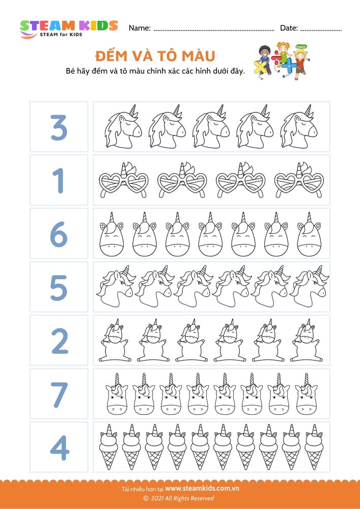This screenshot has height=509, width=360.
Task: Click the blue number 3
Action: click(59, 127)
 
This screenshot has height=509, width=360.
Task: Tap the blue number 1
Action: click(59, 181)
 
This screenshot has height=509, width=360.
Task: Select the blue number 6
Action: click(59, 234)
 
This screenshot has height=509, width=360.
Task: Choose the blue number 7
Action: click(60, 394)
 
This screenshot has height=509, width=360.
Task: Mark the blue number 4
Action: click(60, 448)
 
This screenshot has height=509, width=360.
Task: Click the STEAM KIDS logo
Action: click(69, 29)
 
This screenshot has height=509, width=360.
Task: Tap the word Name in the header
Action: click(140, 28)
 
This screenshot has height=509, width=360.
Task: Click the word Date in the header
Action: click(289, 28)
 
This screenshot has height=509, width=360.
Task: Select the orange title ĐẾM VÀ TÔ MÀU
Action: click(155, 56)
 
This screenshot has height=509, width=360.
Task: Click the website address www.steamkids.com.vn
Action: click(202, 488)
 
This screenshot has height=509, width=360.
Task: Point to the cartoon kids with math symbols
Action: click(282, 61)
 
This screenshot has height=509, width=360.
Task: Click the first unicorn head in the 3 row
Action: click(124, 127)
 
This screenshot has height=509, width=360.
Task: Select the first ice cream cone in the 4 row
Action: click(108, 446)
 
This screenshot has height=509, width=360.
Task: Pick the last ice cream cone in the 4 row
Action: click(314, 446)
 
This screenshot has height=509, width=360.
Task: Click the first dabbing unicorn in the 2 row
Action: click(115, 340)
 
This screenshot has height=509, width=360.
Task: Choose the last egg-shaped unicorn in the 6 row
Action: click(309, 234)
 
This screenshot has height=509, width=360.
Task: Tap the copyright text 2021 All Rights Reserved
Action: click(179, 498)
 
